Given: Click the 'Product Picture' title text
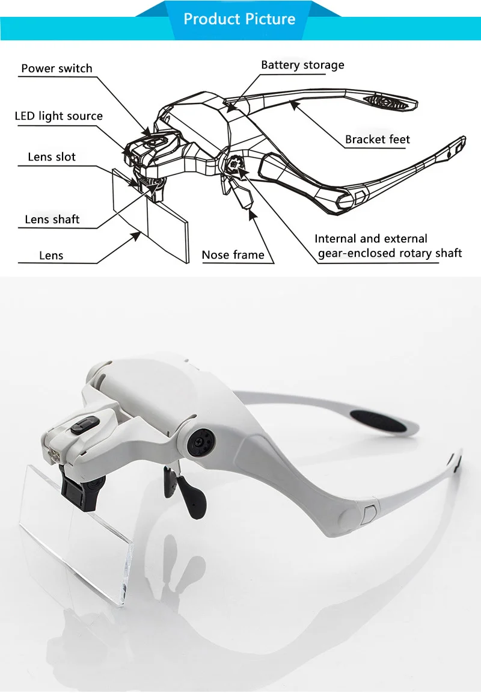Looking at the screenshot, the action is point(239,19).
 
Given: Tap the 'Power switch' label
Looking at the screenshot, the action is point(57,68).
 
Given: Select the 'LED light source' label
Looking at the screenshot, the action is point(58,115).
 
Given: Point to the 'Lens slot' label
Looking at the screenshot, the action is point(52,157).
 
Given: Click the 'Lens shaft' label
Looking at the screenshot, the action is point(52,220).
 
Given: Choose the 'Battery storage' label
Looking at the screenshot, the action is point(302,65).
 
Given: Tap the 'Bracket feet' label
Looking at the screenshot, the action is point(377,140).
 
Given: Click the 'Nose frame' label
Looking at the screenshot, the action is point(233,255).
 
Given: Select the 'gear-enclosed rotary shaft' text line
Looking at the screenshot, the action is point(390,253).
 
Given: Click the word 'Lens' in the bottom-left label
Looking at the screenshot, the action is point(51,256).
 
